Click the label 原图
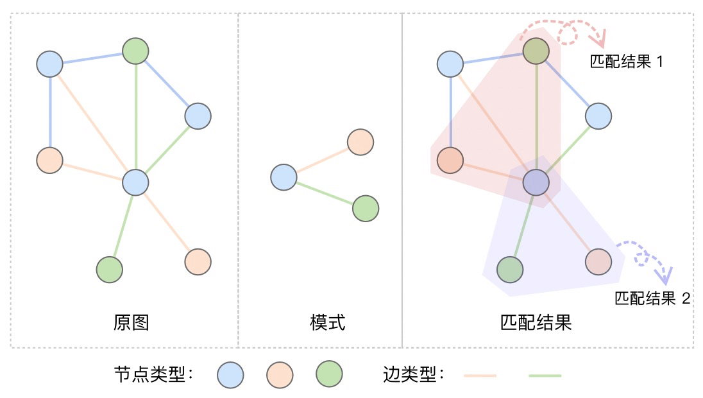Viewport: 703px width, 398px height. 131,322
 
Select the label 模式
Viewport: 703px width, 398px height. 327,322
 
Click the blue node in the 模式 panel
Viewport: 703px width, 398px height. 283,177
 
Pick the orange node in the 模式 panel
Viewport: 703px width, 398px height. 360,142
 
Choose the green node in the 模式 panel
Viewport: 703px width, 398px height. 365,209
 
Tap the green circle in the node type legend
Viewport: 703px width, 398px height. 329,374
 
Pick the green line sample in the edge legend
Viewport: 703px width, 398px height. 545,375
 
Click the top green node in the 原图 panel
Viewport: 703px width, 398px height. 135,51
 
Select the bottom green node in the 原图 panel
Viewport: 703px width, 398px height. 109,270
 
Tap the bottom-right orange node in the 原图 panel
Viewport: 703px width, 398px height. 198,261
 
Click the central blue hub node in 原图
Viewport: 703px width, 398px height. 135,182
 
